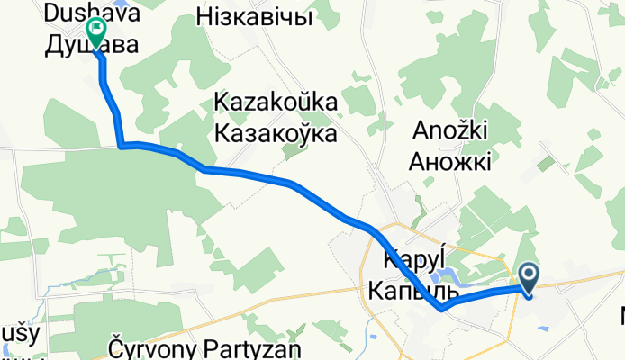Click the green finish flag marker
[x=95, y=31]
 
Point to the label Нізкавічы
[x=254, y=17]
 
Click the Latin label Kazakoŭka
[x=276, y=104]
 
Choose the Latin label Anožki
[x=451, y=131]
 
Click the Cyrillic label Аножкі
[x=451, y=162]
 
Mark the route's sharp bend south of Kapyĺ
[x=442, y=309]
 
